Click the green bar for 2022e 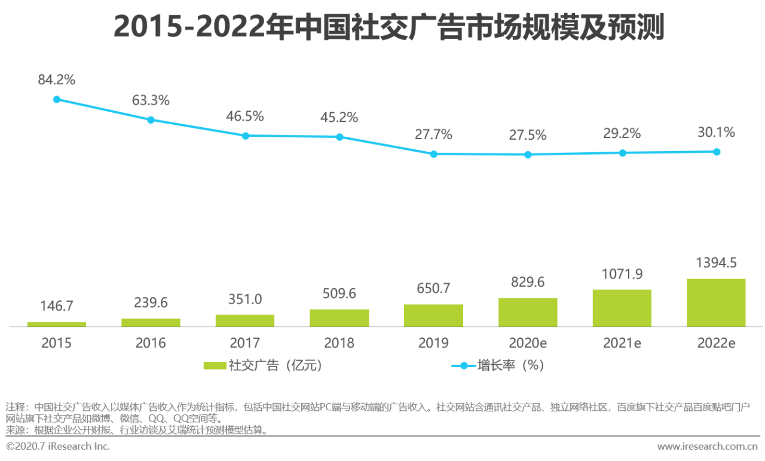coord(716,303)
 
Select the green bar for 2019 coord(433,316)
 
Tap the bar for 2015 coord(57,324)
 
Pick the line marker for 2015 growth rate coord(57,99)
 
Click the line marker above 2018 coord(339,137)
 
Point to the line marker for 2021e coord(622,153)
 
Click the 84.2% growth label coord(57,79)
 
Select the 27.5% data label coord(528,135)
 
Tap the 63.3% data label coord(151,100)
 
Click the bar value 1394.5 coord(716,264)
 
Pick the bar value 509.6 coord(339,294)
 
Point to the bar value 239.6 coord(151,303)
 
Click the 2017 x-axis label coord(245,343)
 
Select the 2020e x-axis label coord(528,343)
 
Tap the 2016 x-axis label coord(151,343)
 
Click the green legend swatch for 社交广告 coord(214,365)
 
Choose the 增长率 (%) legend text coord(510,365)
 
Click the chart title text coord(388,27)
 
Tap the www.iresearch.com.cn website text coord(708,447)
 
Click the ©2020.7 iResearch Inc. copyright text coord(58,447)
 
